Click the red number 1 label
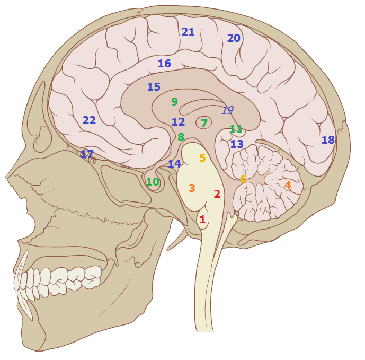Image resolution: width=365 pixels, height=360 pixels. click(x=202, y=219)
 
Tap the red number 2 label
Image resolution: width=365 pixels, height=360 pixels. click(x=217, y=194)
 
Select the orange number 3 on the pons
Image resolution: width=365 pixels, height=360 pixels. click(x=192, y=188)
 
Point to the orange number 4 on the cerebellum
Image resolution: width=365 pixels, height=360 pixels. click(x=288, y=186)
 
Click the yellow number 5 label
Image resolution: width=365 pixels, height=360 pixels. click(x=202, y=158)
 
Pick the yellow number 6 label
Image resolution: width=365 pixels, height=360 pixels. click(x=243, y=179)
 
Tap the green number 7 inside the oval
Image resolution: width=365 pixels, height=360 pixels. click(x=204, y=123)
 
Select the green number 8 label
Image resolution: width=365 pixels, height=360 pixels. click(x=181, y=137)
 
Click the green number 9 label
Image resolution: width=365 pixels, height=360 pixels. click(x=175, y=101)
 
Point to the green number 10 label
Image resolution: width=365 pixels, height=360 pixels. click(x=153, y=182)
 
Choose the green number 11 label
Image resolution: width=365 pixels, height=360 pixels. click(x=236, y=128)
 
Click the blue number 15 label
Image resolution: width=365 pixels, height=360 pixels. click(x=154, y=86)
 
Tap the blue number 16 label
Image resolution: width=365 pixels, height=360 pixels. click(x=165, y=64)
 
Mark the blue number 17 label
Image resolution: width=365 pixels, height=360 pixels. click(x=87, y=154)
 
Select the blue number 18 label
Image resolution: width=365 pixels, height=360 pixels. click(x=328, y=140)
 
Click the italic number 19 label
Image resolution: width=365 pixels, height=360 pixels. click(x=228, y=110)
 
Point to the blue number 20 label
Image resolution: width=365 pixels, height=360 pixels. click(x=234, y=38)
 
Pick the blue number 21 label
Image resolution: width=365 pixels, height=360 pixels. click(x=188, y=32)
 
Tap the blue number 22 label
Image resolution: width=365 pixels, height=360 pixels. click(x=90, y=120)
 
